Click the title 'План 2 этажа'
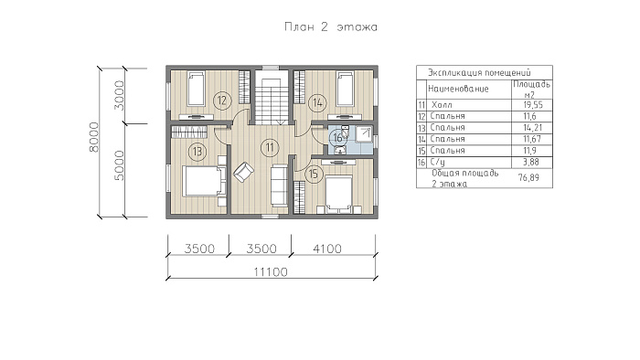pos(331,27)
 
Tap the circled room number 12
pos(221,101)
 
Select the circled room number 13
pos(197,152)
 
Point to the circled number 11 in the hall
pos(270,147)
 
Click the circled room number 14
pos(317,102)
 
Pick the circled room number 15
pos(313,175)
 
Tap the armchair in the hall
pos(243,172)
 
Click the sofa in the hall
pos(280,185)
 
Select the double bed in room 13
pos(204,181)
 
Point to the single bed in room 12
pos(196,89)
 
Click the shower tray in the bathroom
pos(363,134)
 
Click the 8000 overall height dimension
pos(94,137)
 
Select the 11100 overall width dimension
pos(271,272)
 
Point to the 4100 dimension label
pos(327,249)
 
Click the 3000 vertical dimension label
pos(119,95)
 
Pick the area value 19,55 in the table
pos(533,105)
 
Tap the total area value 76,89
pos(528,178)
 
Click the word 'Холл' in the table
pos(442,105)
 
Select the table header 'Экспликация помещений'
pos(479,73)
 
